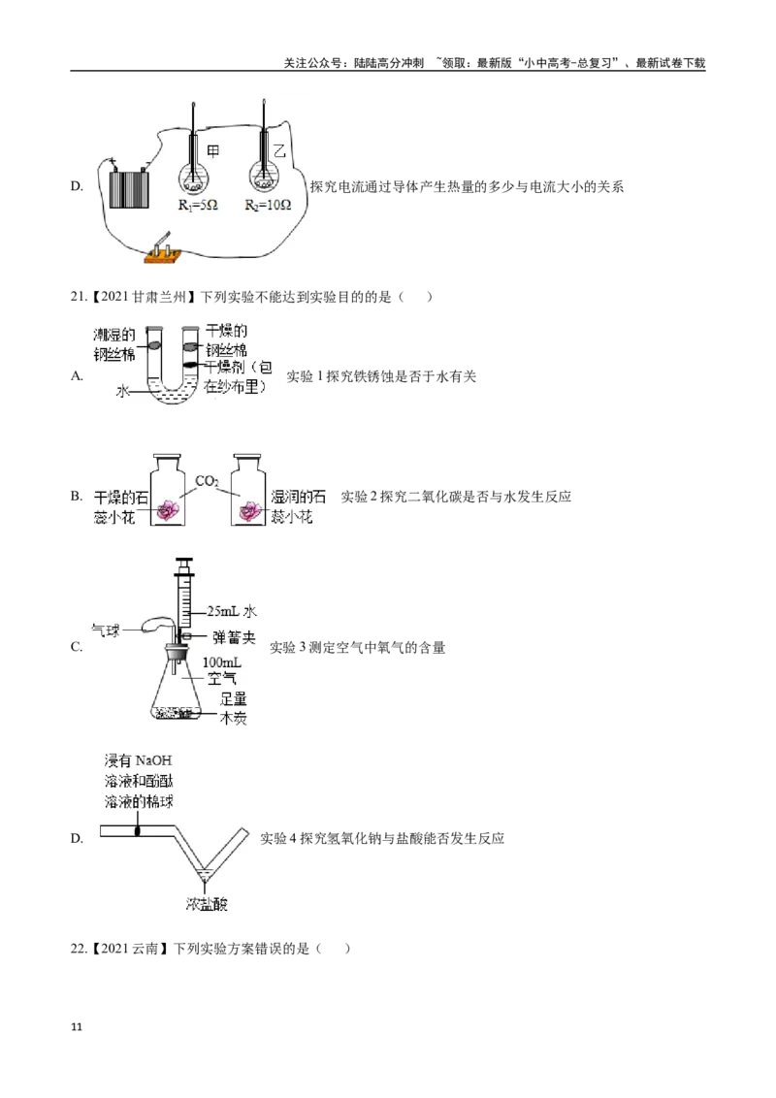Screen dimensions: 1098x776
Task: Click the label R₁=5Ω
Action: click(x=197, y=206)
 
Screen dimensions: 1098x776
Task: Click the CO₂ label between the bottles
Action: click(x=207, y=481)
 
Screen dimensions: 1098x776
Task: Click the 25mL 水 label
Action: click(x=231, y=611)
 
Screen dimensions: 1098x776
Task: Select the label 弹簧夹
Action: click(x=235, y=637)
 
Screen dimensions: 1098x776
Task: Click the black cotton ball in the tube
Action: click(x=138, y=830)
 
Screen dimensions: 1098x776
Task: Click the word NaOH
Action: click(x=150, y=759)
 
